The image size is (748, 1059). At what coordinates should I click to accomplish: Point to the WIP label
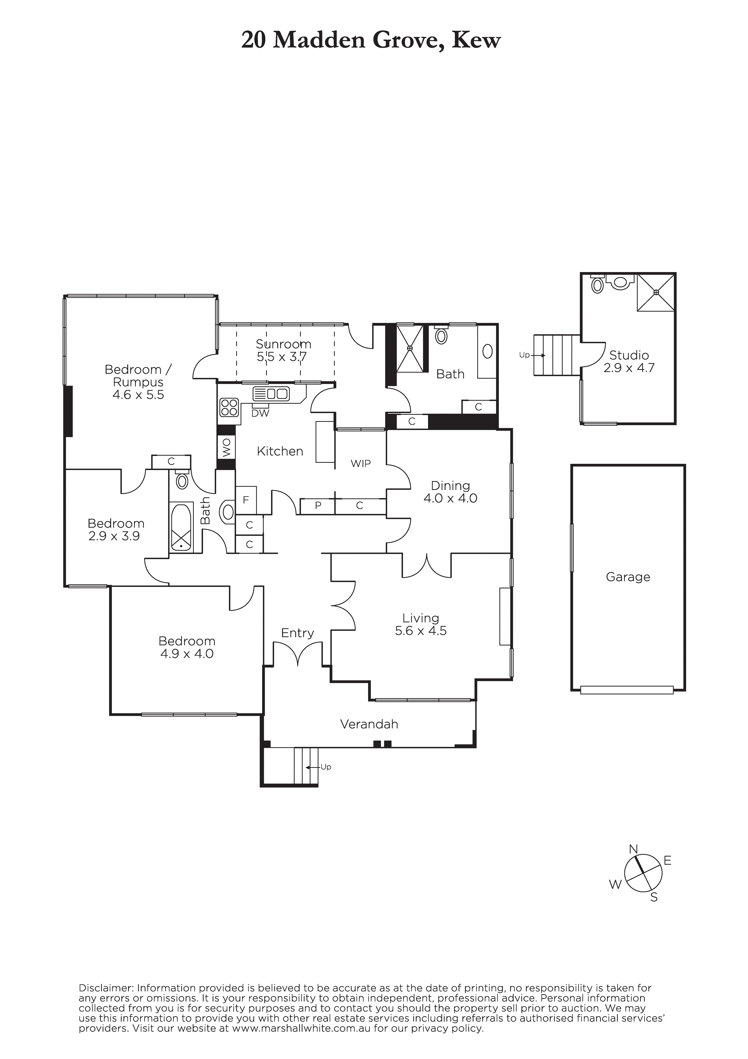tap(361, 464)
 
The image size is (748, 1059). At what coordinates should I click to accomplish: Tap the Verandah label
tap(369, 724)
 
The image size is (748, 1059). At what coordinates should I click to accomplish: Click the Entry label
tap(297, 633)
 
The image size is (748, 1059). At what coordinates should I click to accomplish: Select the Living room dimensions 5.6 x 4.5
tap(420, 631)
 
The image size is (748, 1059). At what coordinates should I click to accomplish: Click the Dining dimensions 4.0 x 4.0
tap(450, 498)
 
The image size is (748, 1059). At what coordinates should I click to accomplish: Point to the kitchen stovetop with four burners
tap(229, 408)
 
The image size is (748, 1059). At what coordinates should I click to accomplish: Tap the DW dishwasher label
tap(260, 413)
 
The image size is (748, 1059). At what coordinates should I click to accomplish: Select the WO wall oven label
tap(226, 448)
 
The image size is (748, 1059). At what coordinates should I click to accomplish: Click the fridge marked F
tap(246, 500)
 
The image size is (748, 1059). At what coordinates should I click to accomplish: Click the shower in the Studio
tap(656, 292)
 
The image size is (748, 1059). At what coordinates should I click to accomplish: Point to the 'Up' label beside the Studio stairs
tap(524, 355)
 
